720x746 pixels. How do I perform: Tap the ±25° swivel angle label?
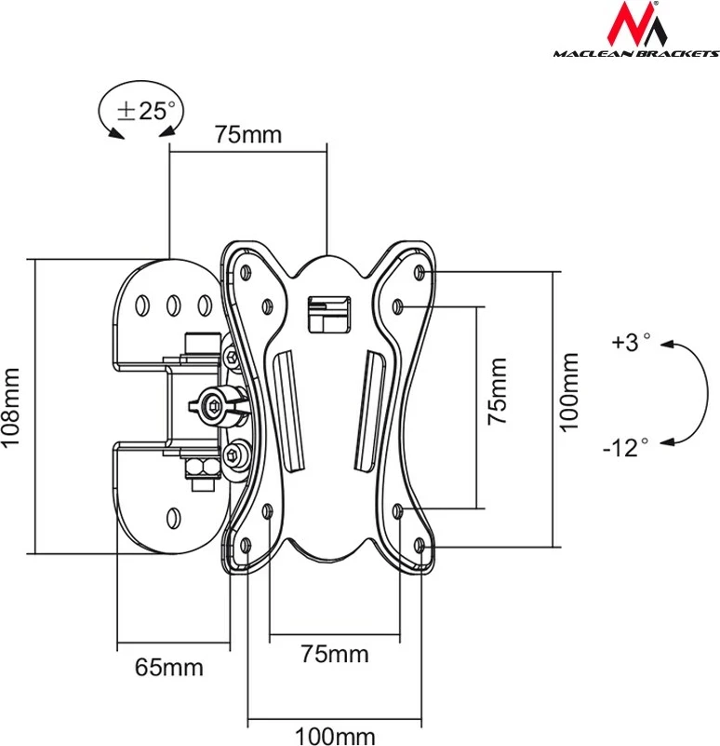click(x=145, y=111)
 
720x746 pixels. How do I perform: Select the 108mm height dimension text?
click(x=12, y=408)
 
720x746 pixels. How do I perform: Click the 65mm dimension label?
click(x=168, y=667)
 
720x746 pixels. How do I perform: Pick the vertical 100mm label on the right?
click(x=569, y=391)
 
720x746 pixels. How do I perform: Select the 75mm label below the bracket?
click(x=335, y=654)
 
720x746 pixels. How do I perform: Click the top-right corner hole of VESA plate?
click(x=421, y=272)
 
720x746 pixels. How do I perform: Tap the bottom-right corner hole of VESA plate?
click(x=421, y=544)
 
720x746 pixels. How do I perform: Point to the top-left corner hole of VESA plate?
click(x=247, y=272)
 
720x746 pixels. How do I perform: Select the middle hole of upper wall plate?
click(x=173, y=304)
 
